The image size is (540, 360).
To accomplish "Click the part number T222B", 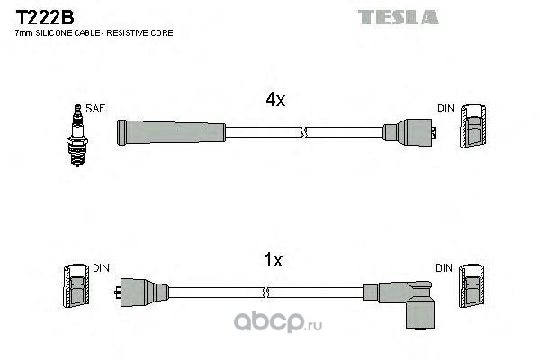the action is (x=45, y=18).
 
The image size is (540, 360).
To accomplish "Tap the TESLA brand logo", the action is (x=398, y=17).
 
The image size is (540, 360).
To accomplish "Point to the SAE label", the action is (x=95, y=109).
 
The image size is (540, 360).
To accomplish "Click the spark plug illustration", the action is (x=77, y=135).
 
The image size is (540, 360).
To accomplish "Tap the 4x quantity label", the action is (x=275, y=100).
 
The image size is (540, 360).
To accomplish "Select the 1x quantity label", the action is (x=273, y=260).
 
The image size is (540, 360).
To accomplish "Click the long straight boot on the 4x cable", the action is (x=171, y=132).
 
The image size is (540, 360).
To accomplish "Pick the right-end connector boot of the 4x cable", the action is (x=409, y=132).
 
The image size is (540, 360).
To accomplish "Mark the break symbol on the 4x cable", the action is (x=304, y=132).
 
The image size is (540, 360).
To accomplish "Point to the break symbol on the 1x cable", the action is (x=265, y=292).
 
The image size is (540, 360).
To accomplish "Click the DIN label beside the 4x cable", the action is (x=446, y=108).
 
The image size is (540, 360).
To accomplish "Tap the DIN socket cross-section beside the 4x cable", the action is (x=473, y=126).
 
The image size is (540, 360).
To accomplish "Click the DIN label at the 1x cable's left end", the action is (x=101, y=268).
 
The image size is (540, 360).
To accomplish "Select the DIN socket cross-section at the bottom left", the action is (x=76, y=286).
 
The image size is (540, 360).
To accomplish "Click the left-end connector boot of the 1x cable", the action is (x=141, y=292).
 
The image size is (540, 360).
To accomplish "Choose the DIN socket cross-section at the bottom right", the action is (x=472, y=286).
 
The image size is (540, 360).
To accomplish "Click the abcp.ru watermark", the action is (x=278, y=322).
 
